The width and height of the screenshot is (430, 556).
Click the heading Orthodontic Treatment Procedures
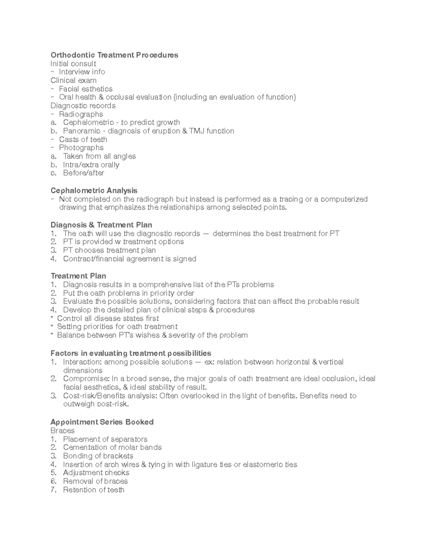pyautogui.click(x=114, y=55)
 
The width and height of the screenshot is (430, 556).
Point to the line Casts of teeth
pyautogui.click(x=83, y=140)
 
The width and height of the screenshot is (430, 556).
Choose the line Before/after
pyautogui.click(x=83, y=173)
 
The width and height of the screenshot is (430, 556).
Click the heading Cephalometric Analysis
pyautogui.click(x=94, y=190)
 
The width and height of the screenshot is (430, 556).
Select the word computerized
pyautogui.click(x=344, y=199)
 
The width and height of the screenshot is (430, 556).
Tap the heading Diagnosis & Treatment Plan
pyautogui.click(x=101, y=225)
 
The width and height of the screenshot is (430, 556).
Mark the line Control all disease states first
pyautogui.click(x=108, y=318)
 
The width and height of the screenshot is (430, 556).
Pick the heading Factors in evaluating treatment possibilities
pyautogui.click(x=131, y=353)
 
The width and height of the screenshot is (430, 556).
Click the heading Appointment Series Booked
pyautogui.click(x=102, y=422)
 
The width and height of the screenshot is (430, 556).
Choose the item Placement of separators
pyautogui.click(x=105, y=439)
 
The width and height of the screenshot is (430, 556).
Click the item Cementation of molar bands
pyautogui.click(x=112, y=448)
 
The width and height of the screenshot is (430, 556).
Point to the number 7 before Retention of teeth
pyautogui.click(x=53, y=490)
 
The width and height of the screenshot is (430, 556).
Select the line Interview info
pyautogui.click(x=82, y=72)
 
